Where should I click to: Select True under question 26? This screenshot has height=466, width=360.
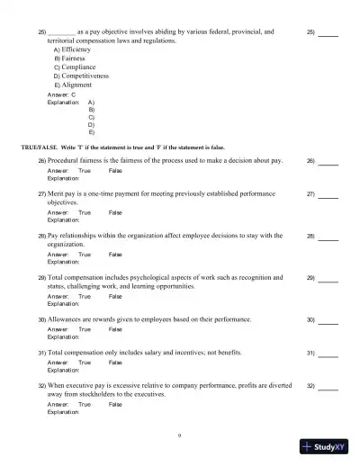point(85,170)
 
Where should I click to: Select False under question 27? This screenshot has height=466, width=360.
point(115,212)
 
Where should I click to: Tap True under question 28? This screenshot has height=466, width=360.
point(85,255)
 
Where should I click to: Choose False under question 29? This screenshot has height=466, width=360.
point(115,296)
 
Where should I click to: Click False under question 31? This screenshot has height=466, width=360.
point(115,362)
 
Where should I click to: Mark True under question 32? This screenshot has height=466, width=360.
point(85,404)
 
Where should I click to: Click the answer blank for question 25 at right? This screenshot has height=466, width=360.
point(328,33)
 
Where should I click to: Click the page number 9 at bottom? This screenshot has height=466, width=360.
point(179,435)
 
